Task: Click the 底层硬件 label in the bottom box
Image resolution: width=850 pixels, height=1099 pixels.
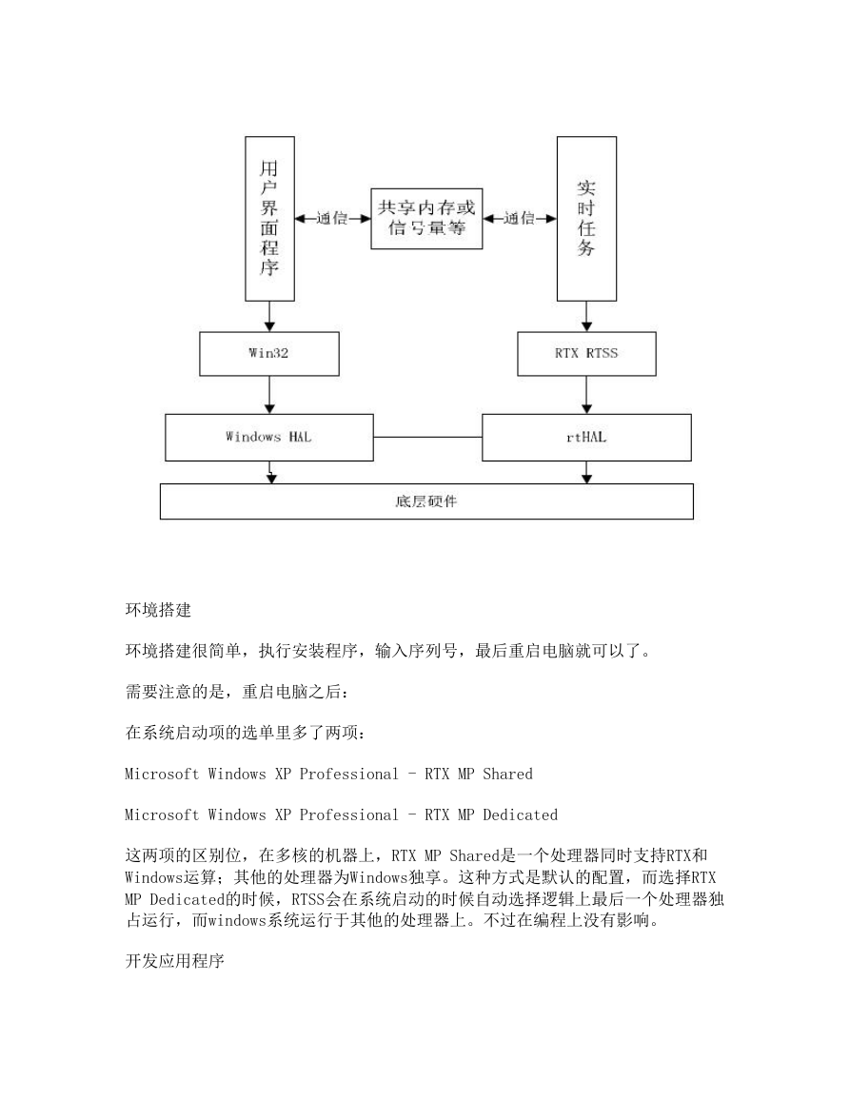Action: pyautogui.click(x=426, y=501)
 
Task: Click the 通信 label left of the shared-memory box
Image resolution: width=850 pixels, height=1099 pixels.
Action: pyautogui.click(x=332, y=219)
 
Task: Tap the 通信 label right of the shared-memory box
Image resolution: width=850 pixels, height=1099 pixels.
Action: pyautogui.click(x=520, y=219)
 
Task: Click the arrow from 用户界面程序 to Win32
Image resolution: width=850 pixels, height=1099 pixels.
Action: pyautogui.click(x=269, y=317)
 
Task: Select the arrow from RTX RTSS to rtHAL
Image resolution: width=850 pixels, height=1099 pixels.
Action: pyautogui.click(x=587, y=395)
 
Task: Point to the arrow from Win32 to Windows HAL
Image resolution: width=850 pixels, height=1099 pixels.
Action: pyautogui.click(x=269, y=395)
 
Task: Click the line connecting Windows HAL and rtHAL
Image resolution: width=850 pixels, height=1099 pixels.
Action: pyautogui.click(x=427, y=438)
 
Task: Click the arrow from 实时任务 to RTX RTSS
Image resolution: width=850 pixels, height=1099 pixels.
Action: pyautogui.click(x=587, y=317)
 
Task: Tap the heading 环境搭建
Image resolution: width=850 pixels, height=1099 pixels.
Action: pyautogui.click(x=159, y=610)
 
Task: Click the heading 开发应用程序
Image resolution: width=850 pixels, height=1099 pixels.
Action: pyautogui.click(x=174, y=961)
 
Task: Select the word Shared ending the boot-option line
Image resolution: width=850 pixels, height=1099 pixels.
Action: pyautogui.click(x=507, y=774)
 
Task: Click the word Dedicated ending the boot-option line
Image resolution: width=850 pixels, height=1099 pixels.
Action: pyautogui.click(x=521, y=814)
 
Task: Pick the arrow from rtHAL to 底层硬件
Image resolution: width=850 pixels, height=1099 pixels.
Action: pyautogui.click(x=587, y=472)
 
